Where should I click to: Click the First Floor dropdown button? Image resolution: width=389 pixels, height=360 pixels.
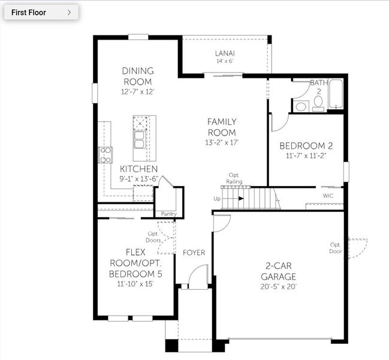click(41, 12)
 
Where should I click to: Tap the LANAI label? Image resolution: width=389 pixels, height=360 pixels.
click(224, 53)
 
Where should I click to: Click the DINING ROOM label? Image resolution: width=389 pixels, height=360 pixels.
click(138, 76)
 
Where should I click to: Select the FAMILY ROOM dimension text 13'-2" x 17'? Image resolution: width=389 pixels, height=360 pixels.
click(222, 143)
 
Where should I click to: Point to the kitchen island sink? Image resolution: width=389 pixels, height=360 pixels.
click(140, 140)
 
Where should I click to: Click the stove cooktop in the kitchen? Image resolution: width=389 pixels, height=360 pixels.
click(105, 155)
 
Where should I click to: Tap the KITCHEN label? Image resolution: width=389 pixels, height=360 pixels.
click(138, 169)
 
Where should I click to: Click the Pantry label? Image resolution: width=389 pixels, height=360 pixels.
click(168, 213)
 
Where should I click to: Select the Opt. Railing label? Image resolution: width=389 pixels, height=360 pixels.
click(234, 178)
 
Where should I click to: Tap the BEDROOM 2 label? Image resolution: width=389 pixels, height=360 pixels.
click(306, 146)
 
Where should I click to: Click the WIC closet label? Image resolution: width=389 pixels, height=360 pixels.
click(328, 196)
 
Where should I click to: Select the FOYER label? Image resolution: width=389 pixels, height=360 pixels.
click(194, 253)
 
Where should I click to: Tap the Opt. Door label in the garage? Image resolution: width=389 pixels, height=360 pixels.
click(335, 248)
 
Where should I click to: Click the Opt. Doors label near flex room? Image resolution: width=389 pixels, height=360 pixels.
click(153, 236)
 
